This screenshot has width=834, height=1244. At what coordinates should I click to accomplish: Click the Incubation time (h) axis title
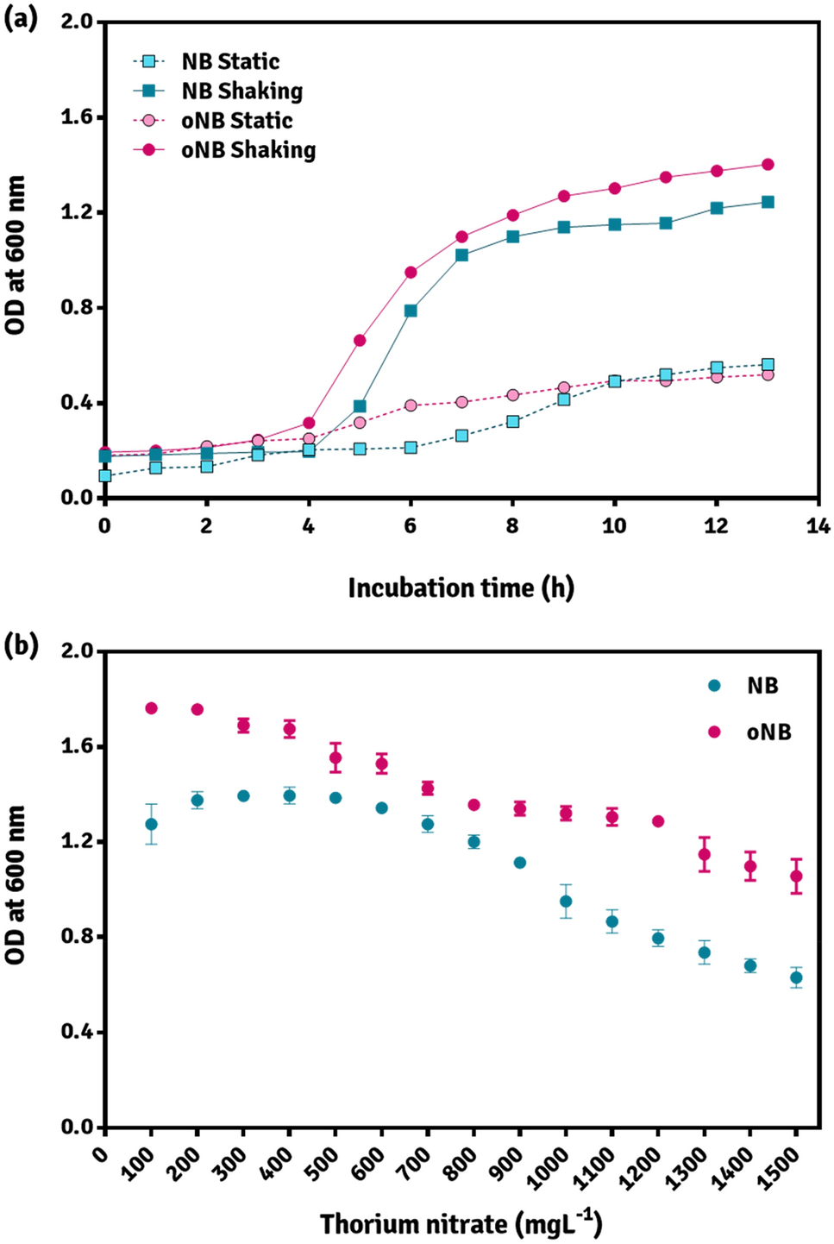pos(461,588)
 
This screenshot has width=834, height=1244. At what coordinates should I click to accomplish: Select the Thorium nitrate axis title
pos(461,1224)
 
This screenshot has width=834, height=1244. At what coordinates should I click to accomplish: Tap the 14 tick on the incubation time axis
pos(818,526)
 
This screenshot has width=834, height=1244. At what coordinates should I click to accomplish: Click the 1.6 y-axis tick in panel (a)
pos(76,117)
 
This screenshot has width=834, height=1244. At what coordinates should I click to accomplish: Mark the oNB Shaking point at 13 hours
pos(768,165)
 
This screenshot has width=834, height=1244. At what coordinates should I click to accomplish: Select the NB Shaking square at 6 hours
pos(411,311)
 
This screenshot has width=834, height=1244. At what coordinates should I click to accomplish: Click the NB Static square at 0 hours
pos(105,475)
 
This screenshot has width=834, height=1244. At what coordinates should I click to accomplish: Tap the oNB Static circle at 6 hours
pos(411,405)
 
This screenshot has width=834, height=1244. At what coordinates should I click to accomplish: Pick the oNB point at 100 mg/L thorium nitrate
pos(152,708)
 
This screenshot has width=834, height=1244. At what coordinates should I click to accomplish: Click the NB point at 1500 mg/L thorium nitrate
pos(796,977)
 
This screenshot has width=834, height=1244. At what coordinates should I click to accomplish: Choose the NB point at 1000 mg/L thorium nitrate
pos(566,902)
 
